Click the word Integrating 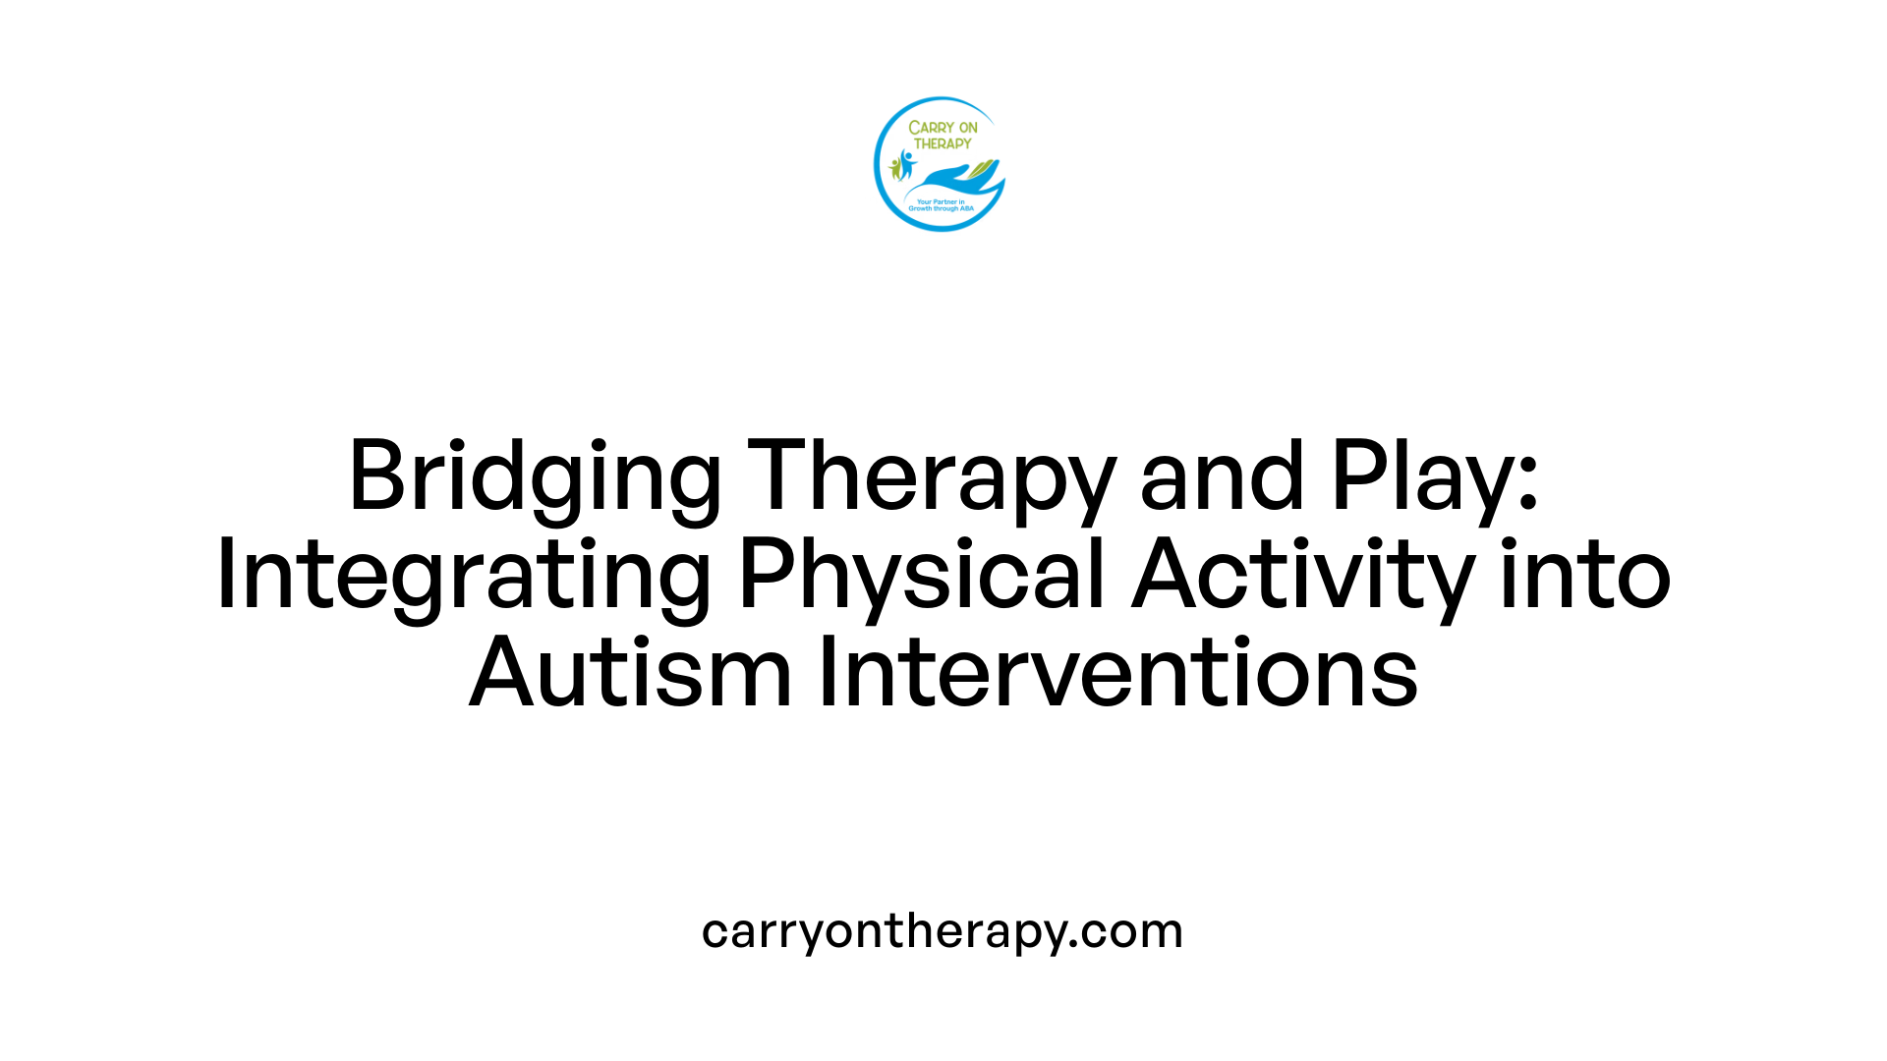pos(463,576)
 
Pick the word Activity pos(1302,576)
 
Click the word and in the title pos(1222,477)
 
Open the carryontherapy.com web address pos(943,931)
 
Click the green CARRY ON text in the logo pos(943,128)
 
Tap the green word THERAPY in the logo pos(943,143)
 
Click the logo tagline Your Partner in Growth pos(941,205)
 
